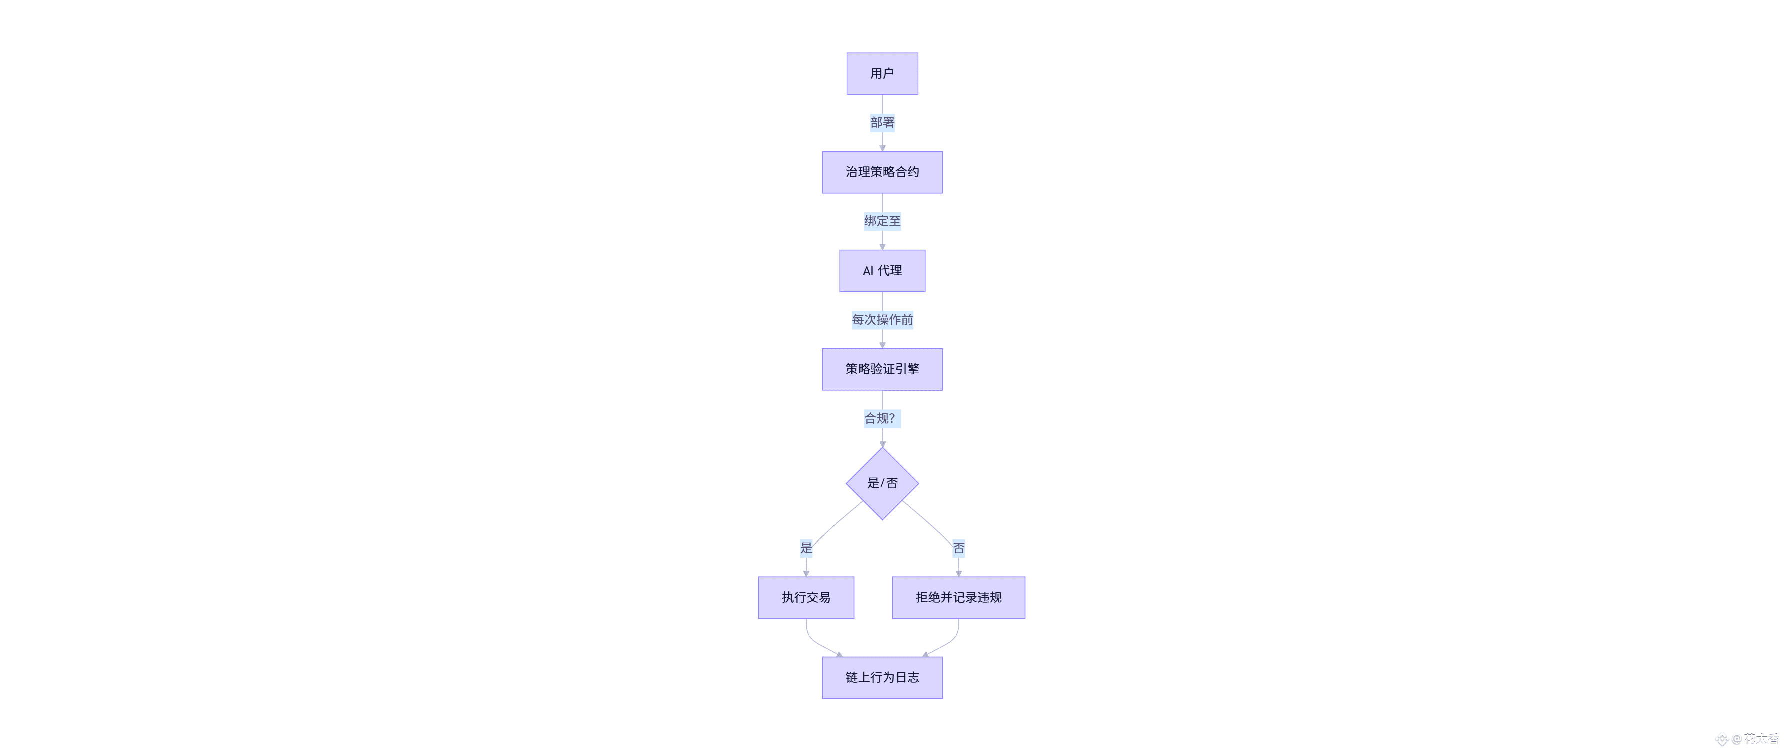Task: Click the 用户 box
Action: (x=882, y=74)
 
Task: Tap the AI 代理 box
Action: (x=882, y=270)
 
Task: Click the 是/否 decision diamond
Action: (x=882, y=483)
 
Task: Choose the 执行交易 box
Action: (x=806, y=597)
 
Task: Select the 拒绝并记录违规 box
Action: (x=958, y=597)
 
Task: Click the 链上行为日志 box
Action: (x=882, y=678)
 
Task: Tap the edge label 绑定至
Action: (x=882, y=221)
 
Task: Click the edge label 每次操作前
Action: (x=882, y=320)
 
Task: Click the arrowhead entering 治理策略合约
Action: (x=882, y=148)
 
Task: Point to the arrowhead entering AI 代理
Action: (x=882, y=246)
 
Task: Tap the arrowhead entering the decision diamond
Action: (x=882, y=444)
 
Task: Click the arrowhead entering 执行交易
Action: (x=806, y=573)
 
